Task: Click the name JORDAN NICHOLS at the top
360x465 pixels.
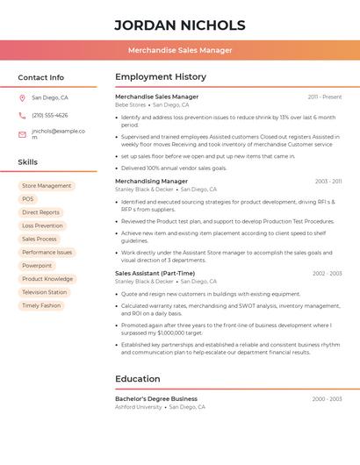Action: (x=179, y=25)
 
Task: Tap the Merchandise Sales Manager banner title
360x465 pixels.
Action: (x=180, y=51)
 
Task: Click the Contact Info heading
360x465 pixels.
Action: (x=41, y=77)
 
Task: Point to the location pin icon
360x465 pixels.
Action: (x=22, y=98)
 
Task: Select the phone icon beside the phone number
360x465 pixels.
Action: (x=22, y=116)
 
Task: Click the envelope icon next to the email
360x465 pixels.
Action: (x=22, y=134)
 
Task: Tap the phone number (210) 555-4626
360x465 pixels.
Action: (x=50, y=116)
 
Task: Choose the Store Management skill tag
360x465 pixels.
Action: (x=47, y=186)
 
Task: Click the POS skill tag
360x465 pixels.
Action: (x=28, y=199)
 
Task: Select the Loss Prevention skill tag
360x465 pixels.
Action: (x=42, y=225)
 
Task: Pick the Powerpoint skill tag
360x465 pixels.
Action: (x=37, y=265)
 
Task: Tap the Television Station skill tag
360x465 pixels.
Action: (x=45, y=292)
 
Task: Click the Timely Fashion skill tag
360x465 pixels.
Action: (x=41, y=305)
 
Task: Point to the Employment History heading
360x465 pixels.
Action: (x=161, y=77)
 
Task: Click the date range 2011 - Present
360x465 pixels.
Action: (x=325, y=97)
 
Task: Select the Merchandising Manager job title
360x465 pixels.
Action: (x=151, y=182)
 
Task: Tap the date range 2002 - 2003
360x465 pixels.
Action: (x=327, y=274)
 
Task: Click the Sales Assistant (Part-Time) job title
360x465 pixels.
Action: (x=155, y=273)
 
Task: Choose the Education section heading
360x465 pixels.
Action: (x=138, y=379)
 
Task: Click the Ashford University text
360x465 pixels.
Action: (x=139, y=407)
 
